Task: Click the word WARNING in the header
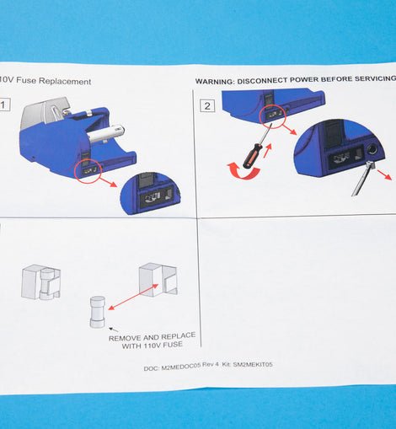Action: tap(214, 82)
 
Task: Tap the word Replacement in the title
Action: tap(65, 81)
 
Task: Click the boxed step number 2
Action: tap(207, 106)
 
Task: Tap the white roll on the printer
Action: tap(105, 134)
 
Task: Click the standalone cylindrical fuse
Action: tap(98, 312)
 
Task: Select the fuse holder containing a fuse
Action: tap(40, 282)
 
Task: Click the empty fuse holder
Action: tap(158, 279)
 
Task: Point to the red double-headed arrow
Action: tap(133, 297)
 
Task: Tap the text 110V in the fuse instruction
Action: tap(153, 346)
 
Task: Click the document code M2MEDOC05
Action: tap(181, 367)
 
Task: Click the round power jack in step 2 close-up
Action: tap(372, 150)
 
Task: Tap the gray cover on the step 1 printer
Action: tap(44, 111)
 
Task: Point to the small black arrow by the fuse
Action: tap(114, 330)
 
